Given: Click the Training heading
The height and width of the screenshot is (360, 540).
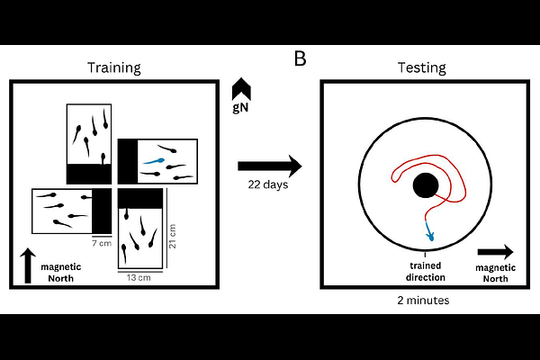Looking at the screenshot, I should [113, 68].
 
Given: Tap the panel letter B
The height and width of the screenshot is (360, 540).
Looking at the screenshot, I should [301, 59].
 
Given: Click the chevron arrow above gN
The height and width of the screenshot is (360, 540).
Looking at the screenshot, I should [241, 88].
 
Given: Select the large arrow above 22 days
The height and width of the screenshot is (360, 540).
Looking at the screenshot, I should [270, 166].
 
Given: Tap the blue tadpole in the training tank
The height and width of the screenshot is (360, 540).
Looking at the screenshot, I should [154, 164].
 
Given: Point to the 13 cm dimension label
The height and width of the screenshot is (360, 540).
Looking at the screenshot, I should [139, 276].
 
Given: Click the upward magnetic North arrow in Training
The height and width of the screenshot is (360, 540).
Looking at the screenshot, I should [27, 266].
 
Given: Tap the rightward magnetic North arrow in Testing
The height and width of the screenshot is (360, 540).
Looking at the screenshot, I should [495, 251].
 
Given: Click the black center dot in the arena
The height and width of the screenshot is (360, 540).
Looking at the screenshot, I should [425, 186].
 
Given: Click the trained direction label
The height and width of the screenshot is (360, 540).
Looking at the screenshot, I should [424, 272].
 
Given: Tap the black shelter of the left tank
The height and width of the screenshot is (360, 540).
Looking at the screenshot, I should [99, 208].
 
